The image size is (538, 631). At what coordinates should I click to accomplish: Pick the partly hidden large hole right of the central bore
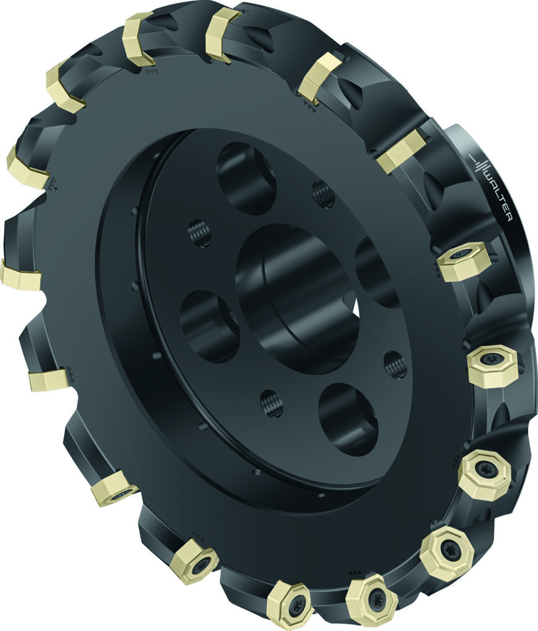(x=376, y=271)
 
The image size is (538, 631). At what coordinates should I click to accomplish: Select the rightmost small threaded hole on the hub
(x=395, y=365)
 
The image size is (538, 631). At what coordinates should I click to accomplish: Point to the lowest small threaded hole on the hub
(x=272, y=404)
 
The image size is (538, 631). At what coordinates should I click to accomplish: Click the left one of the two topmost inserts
(x=139, y=38)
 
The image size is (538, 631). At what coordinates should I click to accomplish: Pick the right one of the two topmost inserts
(x=222, y=35)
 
